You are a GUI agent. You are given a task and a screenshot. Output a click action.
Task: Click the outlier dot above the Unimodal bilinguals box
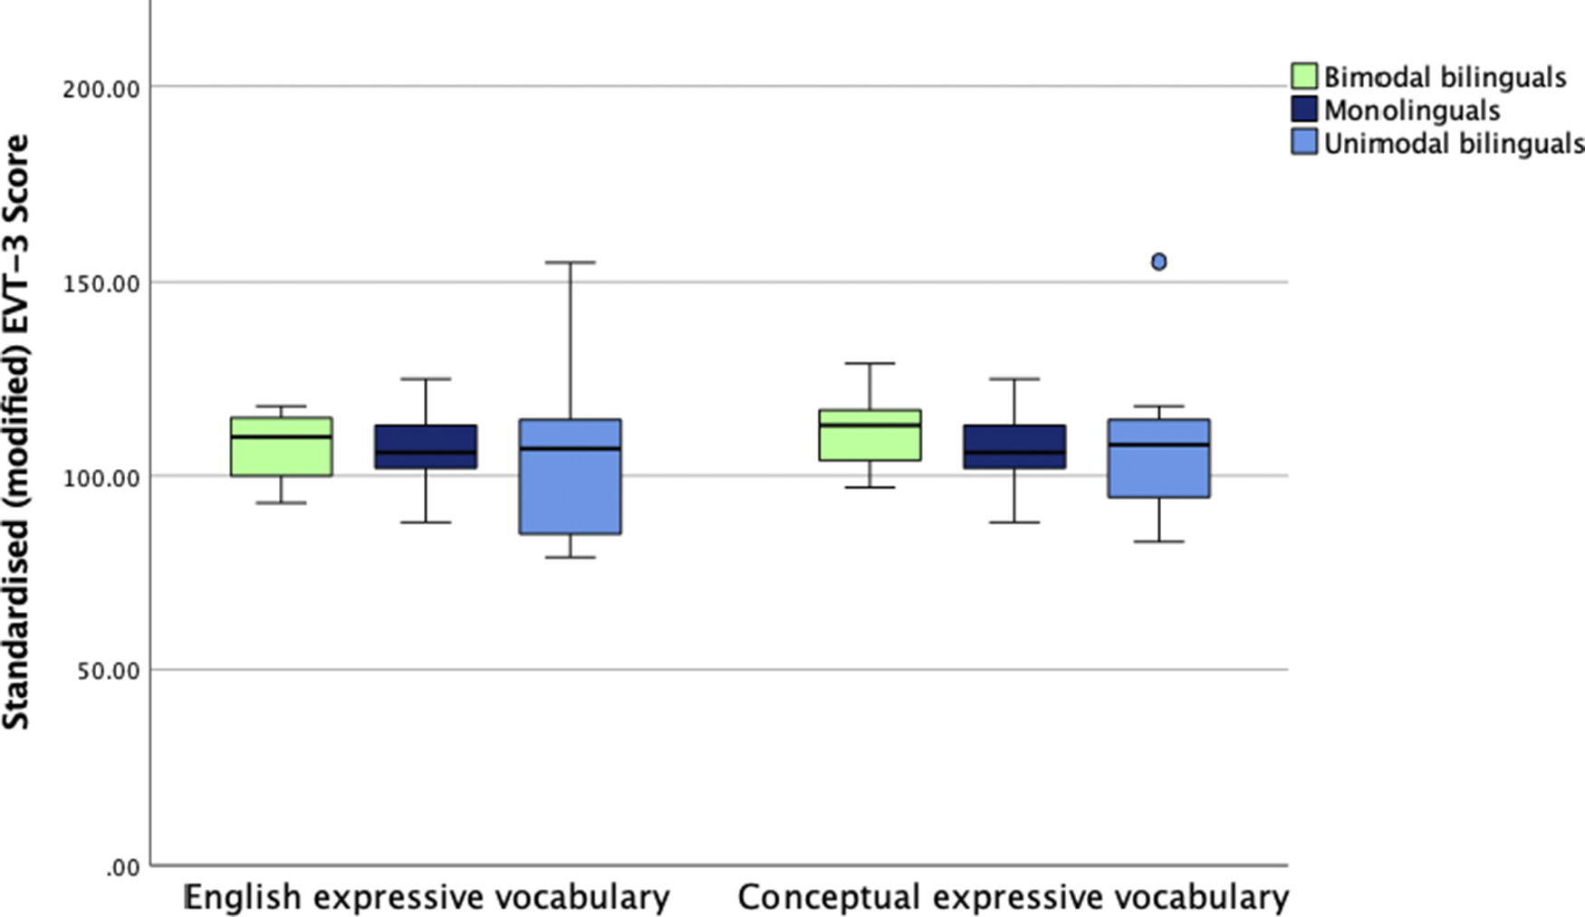click(x=1158, y=262)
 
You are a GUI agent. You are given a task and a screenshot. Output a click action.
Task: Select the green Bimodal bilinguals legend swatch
click(x=1303, y=76)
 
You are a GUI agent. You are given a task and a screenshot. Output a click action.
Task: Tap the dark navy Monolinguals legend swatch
click(x=1303, y=110)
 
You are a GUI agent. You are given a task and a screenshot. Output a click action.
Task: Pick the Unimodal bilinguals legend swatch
click(x=1303, y=142)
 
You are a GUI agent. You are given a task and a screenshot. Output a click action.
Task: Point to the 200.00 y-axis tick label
click(x=101, y=89)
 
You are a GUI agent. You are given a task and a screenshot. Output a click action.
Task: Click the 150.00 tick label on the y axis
click(x=101, y=283)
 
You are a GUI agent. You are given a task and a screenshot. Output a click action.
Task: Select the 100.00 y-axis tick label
click(x=101, y=477)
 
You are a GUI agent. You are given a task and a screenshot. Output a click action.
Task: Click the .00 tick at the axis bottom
click(x=123, y=867)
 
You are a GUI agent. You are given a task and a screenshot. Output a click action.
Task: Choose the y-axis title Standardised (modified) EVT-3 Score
click(x=16, y=432)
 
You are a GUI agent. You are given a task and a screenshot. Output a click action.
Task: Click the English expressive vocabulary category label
click(x=427, y=897)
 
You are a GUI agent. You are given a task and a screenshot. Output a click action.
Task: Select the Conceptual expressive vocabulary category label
click(x=1013, y=897)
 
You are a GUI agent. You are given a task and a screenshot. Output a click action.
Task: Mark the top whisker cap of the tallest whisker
click(x=571, y=263)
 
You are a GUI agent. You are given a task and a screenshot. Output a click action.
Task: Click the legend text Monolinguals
click(x=1411, y=110)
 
